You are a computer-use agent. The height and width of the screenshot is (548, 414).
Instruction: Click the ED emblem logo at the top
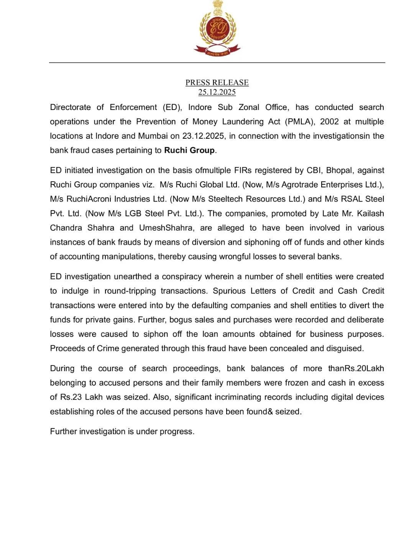point(217,29)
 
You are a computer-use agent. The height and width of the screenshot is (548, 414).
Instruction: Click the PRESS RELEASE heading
point(217,82)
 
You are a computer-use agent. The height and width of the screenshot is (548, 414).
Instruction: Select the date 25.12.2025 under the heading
point(217,92)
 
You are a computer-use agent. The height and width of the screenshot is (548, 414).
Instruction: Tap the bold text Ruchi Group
point(189,150)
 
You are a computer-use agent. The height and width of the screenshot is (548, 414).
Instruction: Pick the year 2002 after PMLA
point(329,122)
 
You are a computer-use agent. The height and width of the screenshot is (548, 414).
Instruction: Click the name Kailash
point(370,213)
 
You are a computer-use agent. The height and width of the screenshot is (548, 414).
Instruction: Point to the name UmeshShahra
point(166,228)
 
